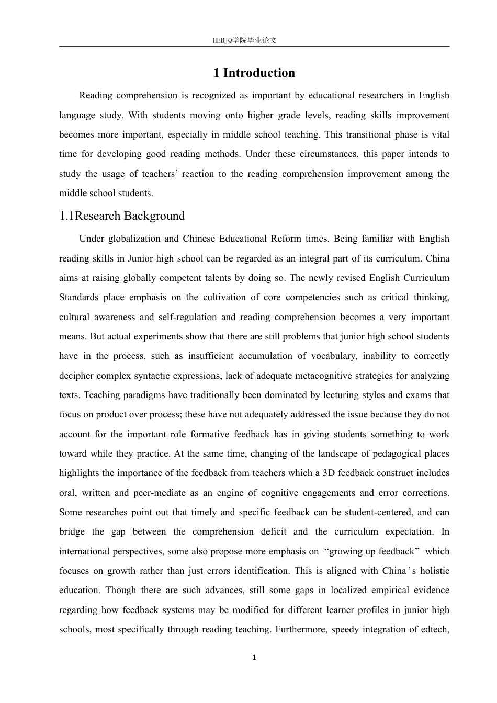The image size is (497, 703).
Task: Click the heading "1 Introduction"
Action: (x=254, y=73)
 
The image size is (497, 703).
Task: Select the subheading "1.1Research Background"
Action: (x=122, y=216)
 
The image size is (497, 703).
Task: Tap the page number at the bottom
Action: (x=254, y=657)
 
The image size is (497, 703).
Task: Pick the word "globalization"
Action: (x=133, y=239)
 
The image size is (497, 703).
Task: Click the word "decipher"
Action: (x=76, y=376)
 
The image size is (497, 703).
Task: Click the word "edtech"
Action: (x=434, y=629)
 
